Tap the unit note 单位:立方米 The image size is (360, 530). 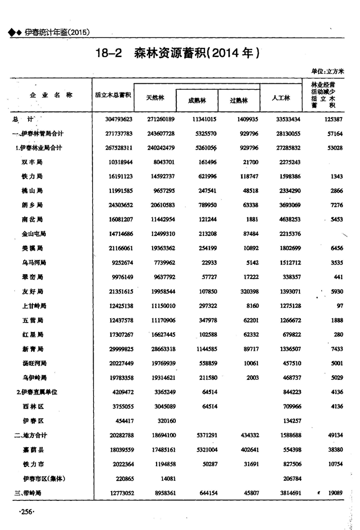[x=327, y=71]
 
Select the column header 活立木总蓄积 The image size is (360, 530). [x=113, y=95]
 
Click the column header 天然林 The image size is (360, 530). [x=155, y=98]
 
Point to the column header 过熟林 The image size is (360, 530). [x=239, y=100]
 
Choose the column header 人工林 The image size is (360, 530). [x=281, y=98]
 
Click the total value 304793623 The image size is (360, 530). [x=119, y=119]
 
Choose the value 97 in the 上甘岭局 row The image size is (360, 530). [x=339, y=306]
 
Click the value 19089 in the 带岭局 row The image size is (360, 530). [x=335, y=493]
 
